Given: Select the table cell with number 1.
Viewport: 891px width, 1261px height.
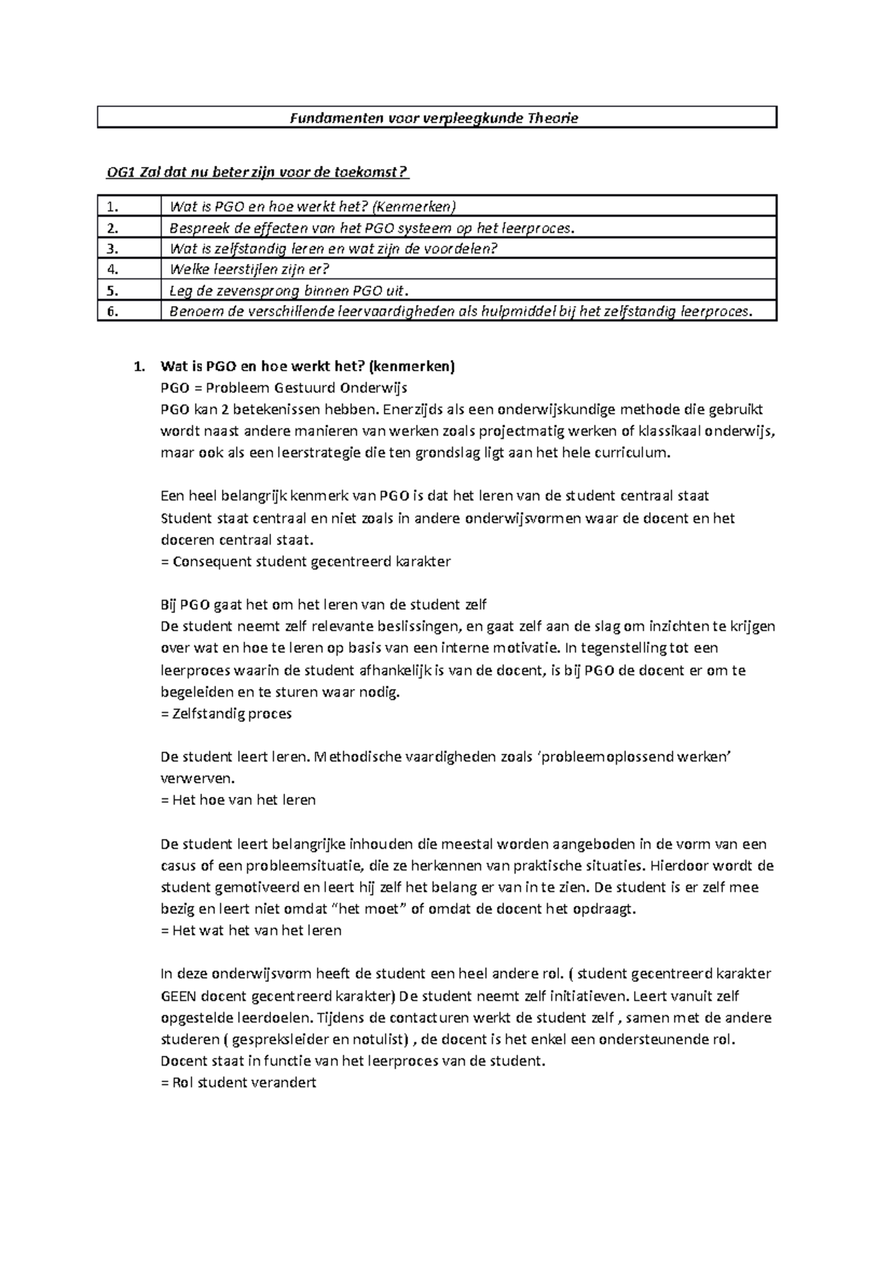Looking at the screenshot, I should tap(128, 206).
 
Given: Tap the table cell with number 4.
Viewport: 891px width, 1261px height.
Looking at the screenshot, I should tap(128, 269).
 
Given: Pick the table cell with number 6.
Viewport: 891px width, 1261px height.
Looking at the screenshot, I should tap(128, 311).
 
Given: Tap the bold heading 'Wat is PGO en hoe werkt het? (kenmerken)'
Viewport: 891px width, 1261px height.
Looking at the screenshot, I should tap(307, 366).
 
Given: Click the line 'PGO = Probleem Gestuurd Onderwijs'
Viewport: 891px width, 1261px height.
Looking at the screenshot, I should tap(284, 388).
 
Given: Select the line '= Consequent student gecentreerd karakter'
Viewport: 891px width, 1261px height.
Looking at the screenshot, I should tap(305, 561).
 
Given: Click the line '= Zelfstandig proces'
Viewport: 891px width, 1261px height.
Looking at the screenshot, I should tap(226, 714).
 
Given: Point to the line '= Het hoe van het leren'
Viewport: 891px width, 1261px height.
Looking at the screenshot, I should tap(238, 800).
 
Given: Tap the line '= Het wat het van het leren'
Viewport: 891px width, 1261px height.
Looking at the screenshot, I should tap(251, 931).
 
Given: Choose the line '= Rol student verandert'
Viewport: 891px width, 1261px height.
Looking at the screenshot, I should tap(238, 1083).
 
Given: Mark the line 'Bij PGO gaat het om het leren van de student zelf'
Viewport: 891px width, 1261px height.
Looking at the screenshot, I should tap(324, 605).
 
